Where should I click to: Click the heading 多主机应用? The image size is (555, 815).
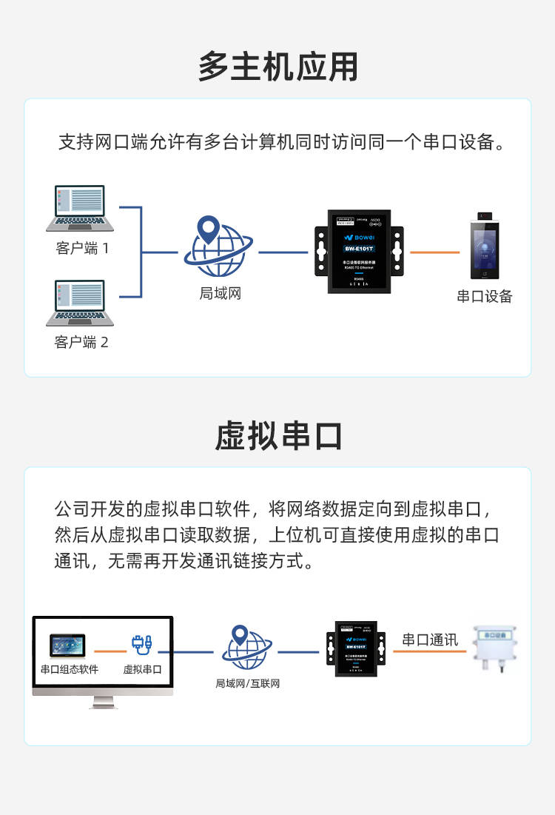tap(277, 67)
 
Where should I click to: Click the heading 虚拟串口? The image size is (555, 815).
tap(277, 436)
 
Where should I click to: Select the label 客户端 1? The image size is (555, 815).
tap(82, 248)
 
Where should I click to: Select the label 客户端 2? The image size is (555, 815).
tap(81, 342)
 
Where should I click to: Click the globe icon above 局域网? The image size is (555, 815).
tap(218, 247)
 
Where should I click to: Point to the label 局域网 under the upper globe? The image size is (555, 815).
tap(220, 293)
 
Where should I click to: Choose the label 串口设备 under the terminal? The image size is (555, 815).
tap(485, 297)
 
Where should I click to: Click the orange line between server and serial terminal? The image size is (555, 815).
tap(434, 252)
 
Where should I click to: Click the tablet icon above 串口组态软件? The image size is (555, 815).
tap(67, 645)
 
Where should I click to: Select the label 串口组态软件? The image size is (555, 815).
tap(69, 669)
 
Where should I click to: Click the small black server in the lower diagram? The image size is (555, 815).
tap(356, 652)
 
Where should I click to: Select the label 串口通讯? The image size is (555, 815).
tap(430, 639)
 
